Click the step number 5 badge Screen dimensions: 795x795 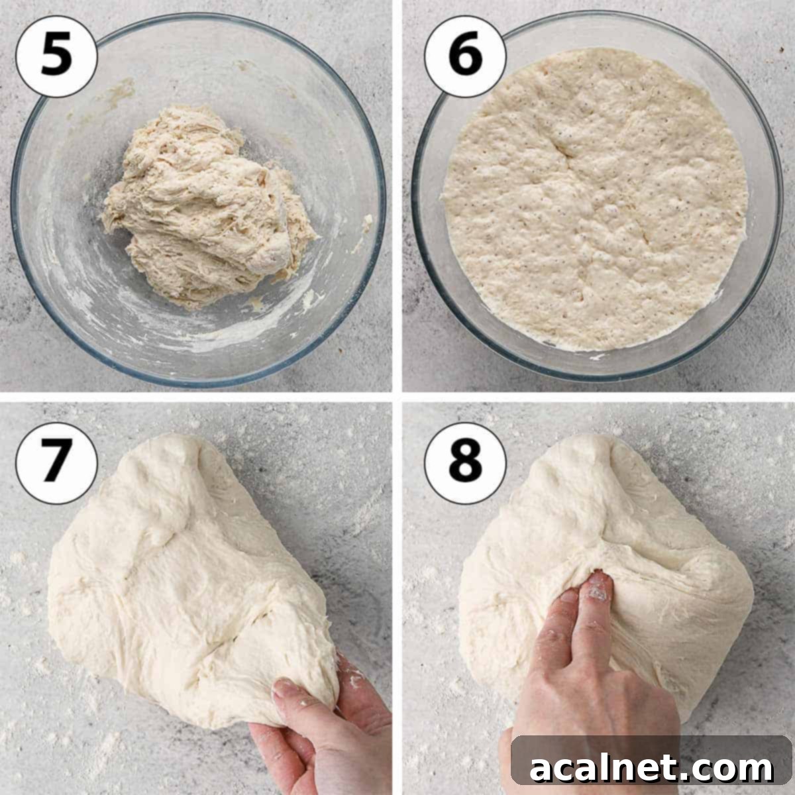[x=56, y=57]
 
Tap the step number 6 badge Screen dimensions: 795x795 [x=466, y=57]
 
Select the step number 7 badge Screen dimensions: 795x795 [x=56, y=459]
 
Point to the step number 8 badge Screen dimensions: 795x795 [x=466, y=459]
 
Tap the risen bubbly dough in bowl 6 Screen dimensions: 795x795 [x=596, y=199]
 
